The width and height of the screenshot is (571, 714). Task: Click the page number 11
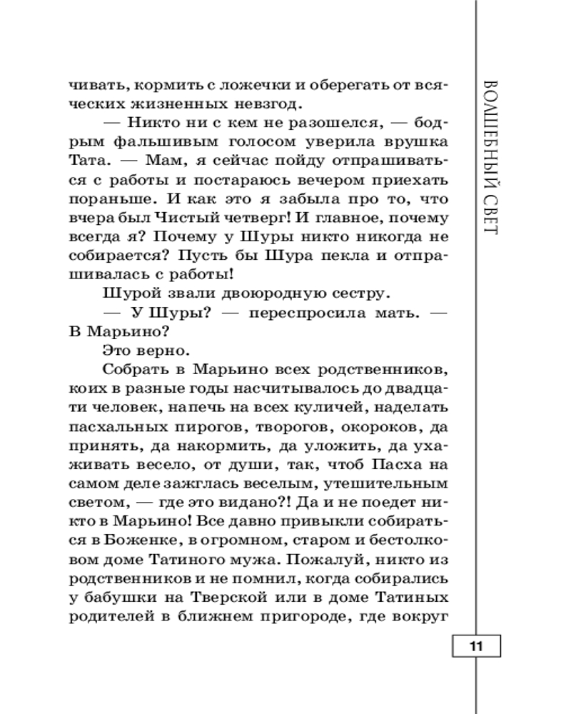(x=477, y=647)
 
